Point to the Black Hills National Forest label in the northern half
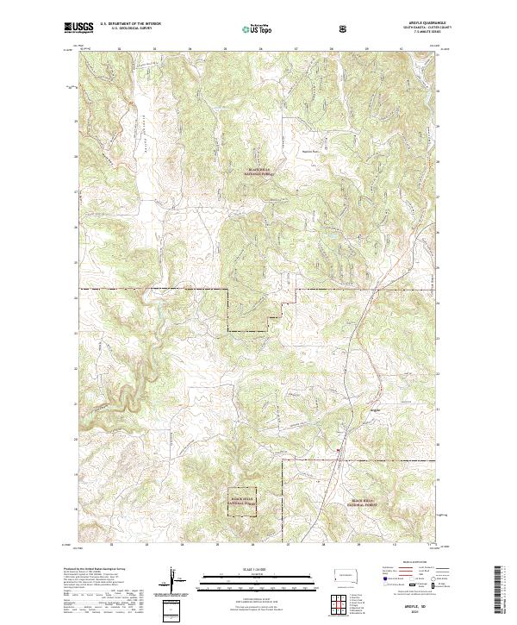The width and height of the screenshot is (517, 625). pyautogui.click(x=262, y=172)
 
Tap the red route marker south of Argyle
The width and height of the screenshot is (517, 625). pyautogui.click(x=338, y=449)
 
